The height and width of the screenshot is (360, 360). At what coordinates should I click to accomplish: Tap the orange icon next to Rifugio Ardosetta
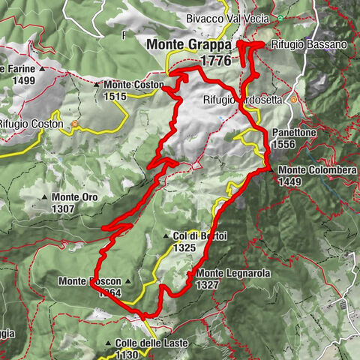coord(294,99)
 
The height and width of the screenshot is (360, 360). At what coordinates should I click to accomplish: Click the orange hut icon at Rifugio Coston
coord(75,124)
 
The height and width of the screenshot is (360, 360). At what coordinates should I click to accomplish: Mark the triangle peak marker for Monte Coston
coord(97,85)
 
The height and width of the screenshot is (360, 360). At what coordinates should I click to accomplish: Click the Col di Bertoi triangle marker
coord(166,236)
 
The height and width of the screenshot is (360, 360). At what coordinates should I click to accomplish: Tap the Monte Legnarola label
coord(232,274)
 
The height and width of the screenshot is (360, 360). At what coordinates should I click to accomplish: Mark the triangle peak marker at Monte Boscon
coord(128,281)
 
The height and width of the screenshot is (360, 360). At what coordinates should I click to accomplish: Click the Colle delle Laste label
coord(152,343)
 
